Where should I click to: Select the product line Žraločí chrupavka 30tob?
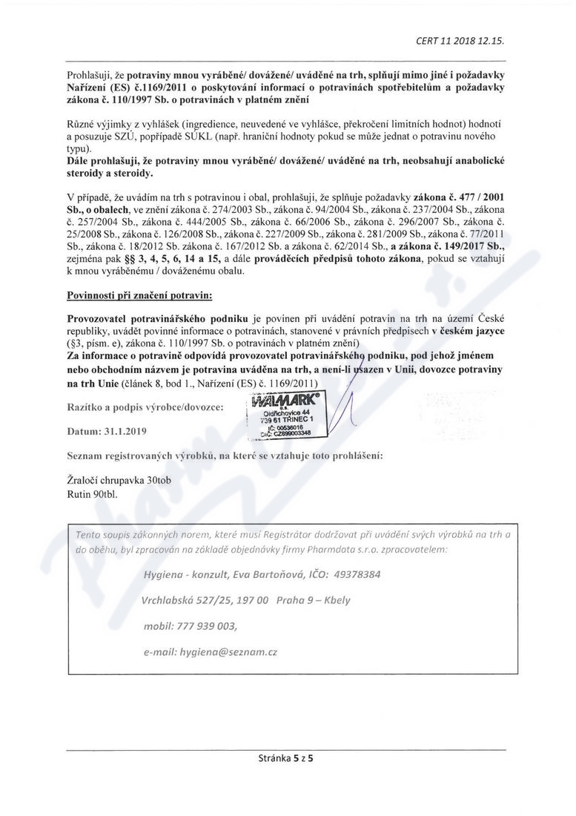point(119,480)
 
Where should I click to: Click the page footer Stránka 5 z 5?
point(288,759)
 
